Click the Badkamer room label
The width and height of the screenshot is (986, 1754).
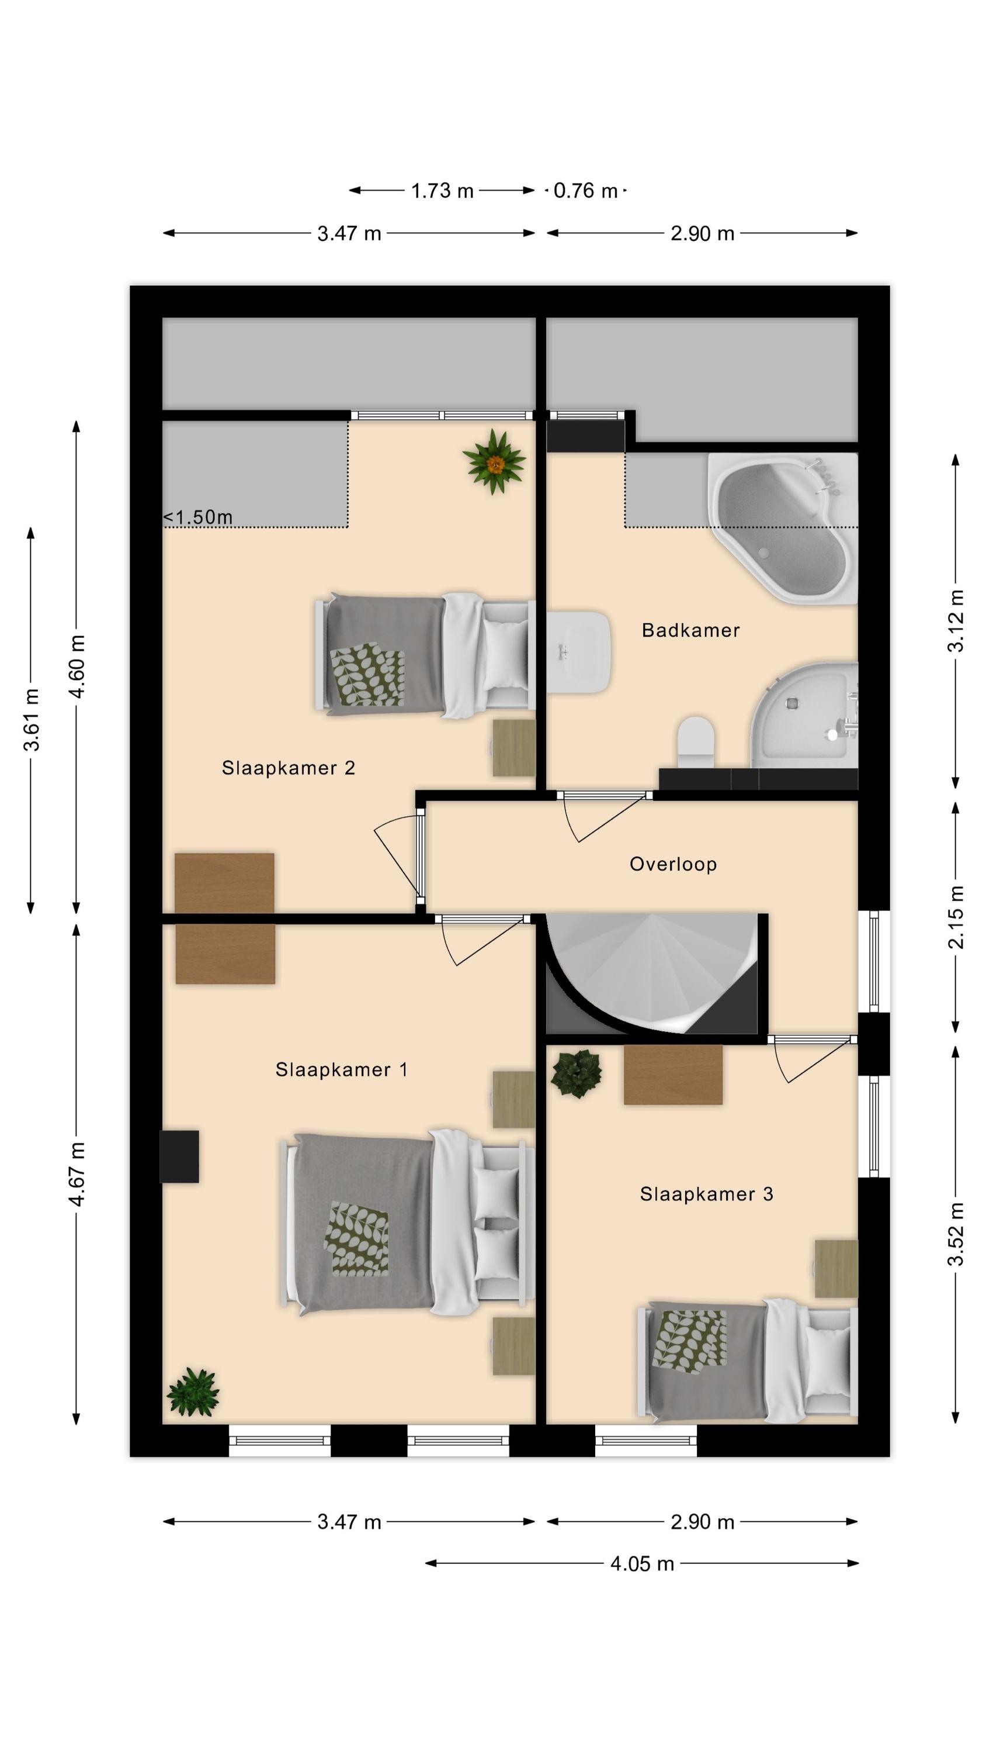[x=690, y=630]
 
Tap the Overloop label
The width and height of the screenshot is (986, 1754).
[x=673, y=864]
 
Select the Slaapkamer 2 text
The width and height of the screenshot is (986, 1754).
[x=289, y=768]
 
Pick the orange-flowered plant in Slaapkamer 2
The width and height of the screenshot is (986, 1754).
[x=494, y=462]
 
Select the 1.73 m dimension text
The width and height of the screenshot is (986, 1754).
[x=442, y=191]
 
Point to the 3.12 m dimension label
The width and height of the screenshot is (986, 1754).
[x=956, y=621]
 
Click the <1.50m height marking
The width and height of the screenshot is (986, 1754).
[x=198, y=517]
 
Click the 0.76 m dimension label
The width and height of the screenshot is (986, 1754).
[x=585, y=191]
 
